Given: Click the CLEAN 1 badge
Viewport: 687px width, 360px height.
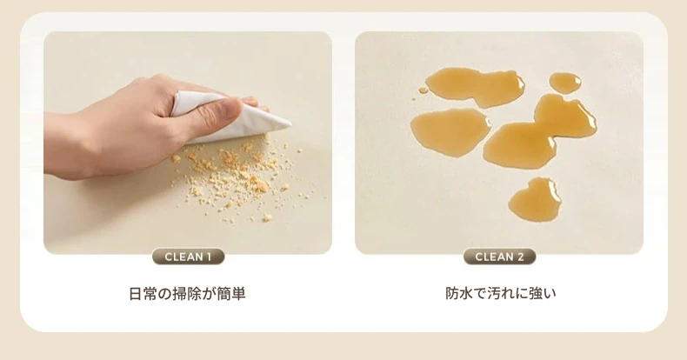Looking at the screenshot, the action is [189, 257].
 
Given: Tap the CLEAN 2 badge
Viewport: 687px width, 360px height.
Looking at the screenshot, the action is [499, 257].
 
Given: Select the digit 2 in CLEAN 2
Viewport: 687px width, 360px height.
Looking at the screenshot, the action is [521, 257].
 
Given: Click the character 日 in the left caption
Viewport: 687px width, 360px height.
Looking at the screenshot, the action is [136, 293].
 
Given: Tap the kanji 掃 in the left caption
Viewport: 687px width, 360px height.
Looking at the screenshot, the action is [179, 293].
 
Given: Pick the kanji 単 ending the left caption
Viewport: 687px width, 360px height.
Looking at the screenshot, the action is [238, 293].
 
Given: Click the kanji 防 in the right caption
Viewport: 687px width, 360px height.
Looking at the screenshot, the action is [452, 293].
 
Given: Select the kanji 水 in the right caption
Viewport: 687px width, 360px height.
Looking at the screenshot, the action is [467, 293].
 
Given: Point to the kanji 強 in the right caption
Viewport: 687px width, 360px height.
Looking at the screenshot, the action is [536, 293].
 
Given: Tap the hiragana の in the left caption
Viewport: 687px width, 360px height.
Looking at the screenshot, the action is [164, 294].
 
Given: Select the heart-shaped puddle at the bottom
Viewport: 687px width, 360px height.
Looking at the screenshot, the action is [535, 199].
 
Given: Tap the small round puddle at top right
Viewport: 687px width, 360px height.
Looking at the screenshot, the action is [565, 83].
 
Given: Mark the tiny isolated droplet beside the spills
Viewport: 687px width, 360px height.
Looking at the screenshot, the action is [424, 90].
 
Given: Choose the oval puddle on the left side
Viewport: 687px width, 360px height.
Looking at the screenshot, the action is [450, 132].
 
